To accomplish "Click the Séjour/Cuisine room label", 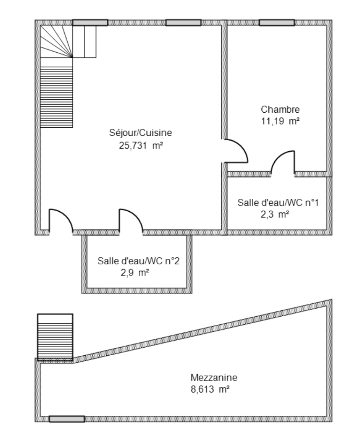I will (x=141, y=132).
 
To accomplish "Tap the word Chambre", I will (x=280, y=109).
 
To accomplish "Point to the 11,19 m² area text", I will (x=280, y=121).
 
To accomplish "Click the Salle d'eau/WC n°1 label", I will (x=278, y=202).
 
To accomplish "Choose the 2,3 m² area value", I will (x=274, y=215).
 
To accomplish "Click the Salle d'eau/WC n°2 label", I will (x=138, y=261).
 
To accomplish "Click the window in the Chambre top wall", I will (x=277, y=23).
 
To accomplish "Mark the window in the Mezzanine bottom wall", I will (x=67, y=419).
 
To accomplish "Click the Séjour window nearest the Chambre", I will (x=183, y=23).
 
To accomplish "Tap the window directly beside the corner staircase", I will (x=90, y=23).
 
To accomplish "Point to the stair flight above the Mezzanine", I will (x=55, y=337).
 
